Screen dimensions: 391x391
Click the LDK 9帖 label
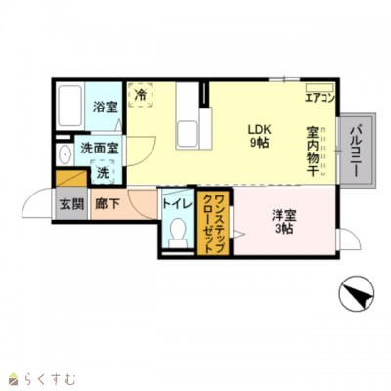pyautogui.click(x=258, y=135)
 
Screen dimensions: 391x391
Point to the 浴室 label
pyautogui.click(x=105, y=109)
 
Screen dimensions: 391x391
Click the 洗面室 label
pyautogui.click(x=99, y=149)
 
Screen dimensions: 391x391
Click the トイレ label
pyautogui.click(x=177, y=204)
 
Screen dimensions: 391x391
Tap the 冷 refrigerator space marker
pyautogui.click(x=142, y=95)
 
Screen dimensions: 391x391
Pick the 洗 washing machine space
pyautogui.click(x=103, y=173)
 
